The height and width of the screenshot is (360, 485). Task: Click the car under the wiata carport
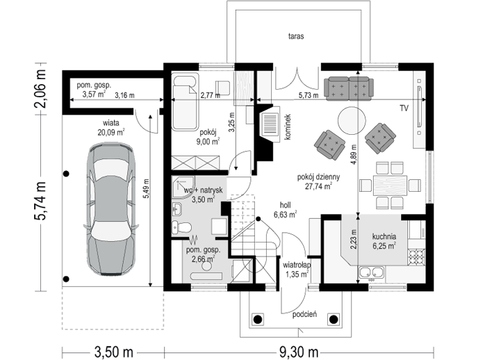(x=110, y=208)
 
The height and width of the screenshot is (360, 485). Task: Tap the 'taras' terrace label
(x=296, y=36)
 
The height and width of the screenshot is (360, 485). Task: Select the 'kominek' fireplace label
(x=288, y=126)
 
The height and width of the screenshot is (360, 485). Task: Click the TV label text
(x=404, y=108)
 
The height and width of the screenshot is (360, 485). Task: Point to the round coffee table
(x=352, y=121)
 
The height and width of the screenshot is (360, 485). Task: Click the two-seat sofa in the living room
(x=348, y=88)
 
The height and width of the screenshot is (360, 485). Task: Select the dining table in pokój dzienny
(x=390, y=186)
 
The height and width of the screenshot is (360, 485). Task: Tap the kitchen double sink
(x=371, y=272)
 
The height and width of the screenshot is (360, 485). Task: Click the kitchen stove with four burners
(x=416, y=256)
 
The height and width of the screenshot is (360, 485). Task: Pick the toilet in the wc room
(x=181, y=228)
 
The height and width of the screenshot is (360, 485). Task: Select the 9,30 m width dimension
(x=299, y=352)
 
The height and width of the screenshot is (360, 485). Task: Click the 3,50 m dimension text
(x=113, y=352)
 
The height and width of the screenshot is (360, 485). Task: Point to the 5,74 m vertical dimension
(x=40, y=201)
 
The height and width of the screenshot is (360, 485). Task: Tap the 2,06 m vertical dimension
(x=40, y=89)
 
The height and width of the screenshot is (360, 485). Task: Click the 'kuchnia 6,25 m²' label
(x=384, y=241)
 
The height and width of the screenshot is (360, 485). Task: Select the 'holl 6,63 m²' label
(x=285, y=210)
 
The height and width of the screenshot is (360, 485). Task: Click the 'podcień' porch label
(x=304, y=315)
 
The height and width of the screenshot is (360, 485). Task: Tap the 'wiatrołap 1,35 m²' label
(x=296, y=270)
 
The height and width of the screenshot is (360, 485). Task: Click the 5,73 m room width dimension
(x=309, y=95)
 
